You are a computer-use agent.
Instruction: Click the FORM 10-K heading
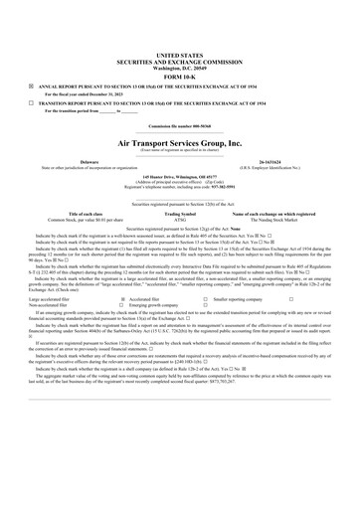[x=179, y=77]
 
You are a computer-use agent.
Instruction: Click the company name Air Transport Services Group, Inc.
[x=179, y=143]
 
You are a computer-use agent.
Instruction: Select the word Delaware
[x=89, y=160]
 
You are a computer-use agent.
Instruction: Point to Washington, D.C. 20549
[x=179, y=67]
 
